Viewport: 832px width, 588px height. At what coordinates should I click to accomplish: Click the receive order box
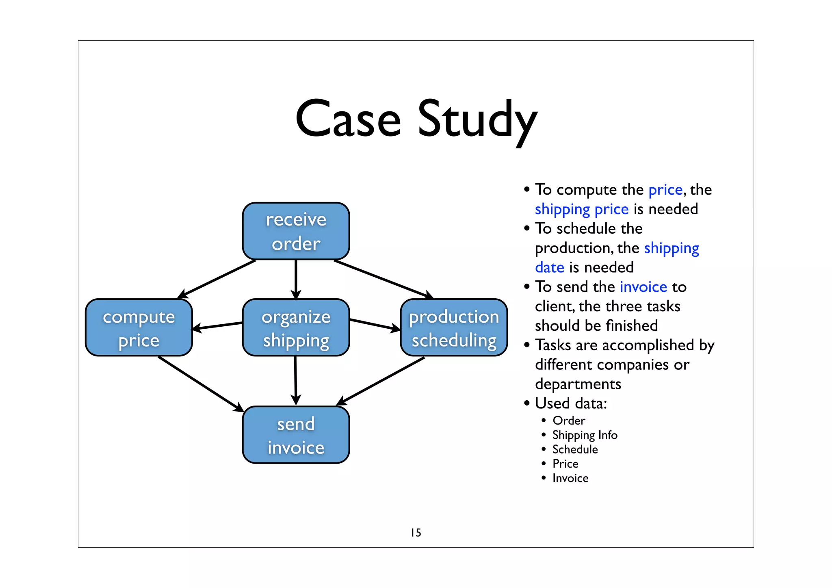[296, 231]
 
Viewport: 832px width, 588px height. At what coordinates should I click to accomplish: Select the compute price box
[139, 328]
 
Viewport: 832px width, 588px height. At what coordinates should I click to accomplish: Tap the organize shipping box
[296, 328]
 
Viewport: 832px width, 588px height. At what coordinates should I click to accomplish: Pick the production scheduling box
[454, 328]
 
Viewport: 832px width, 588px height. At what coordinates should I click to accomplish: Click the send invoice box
[296, 435]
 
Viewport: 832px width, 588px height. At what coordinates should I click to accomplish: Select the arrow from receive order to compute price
[217, 279]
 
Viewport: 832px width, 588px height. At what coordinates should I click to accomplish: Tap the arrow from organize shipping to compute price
[217, 326]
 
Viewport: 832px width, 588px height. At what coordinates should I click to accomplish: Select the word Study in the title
[477, 120]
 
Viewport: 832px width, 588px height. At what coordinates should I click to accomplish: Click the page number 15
[416, 532]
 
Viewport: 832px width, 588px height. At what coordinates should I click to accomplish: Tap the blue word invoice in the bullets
[643, 287]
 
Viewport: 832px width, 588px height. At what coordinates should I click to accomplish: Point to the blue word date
[549, 267]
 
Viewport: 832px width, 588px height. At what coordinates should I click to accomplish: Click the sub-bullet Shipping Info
[585, 435]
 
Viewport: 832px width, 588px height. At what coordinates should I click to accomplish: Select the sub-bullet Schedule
[575, 449]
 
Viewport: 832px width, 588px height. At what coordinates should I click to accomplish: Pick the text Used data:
[571, 403]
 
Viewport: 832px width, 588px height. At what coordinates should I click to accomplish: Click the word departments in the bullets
[578, 384]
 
